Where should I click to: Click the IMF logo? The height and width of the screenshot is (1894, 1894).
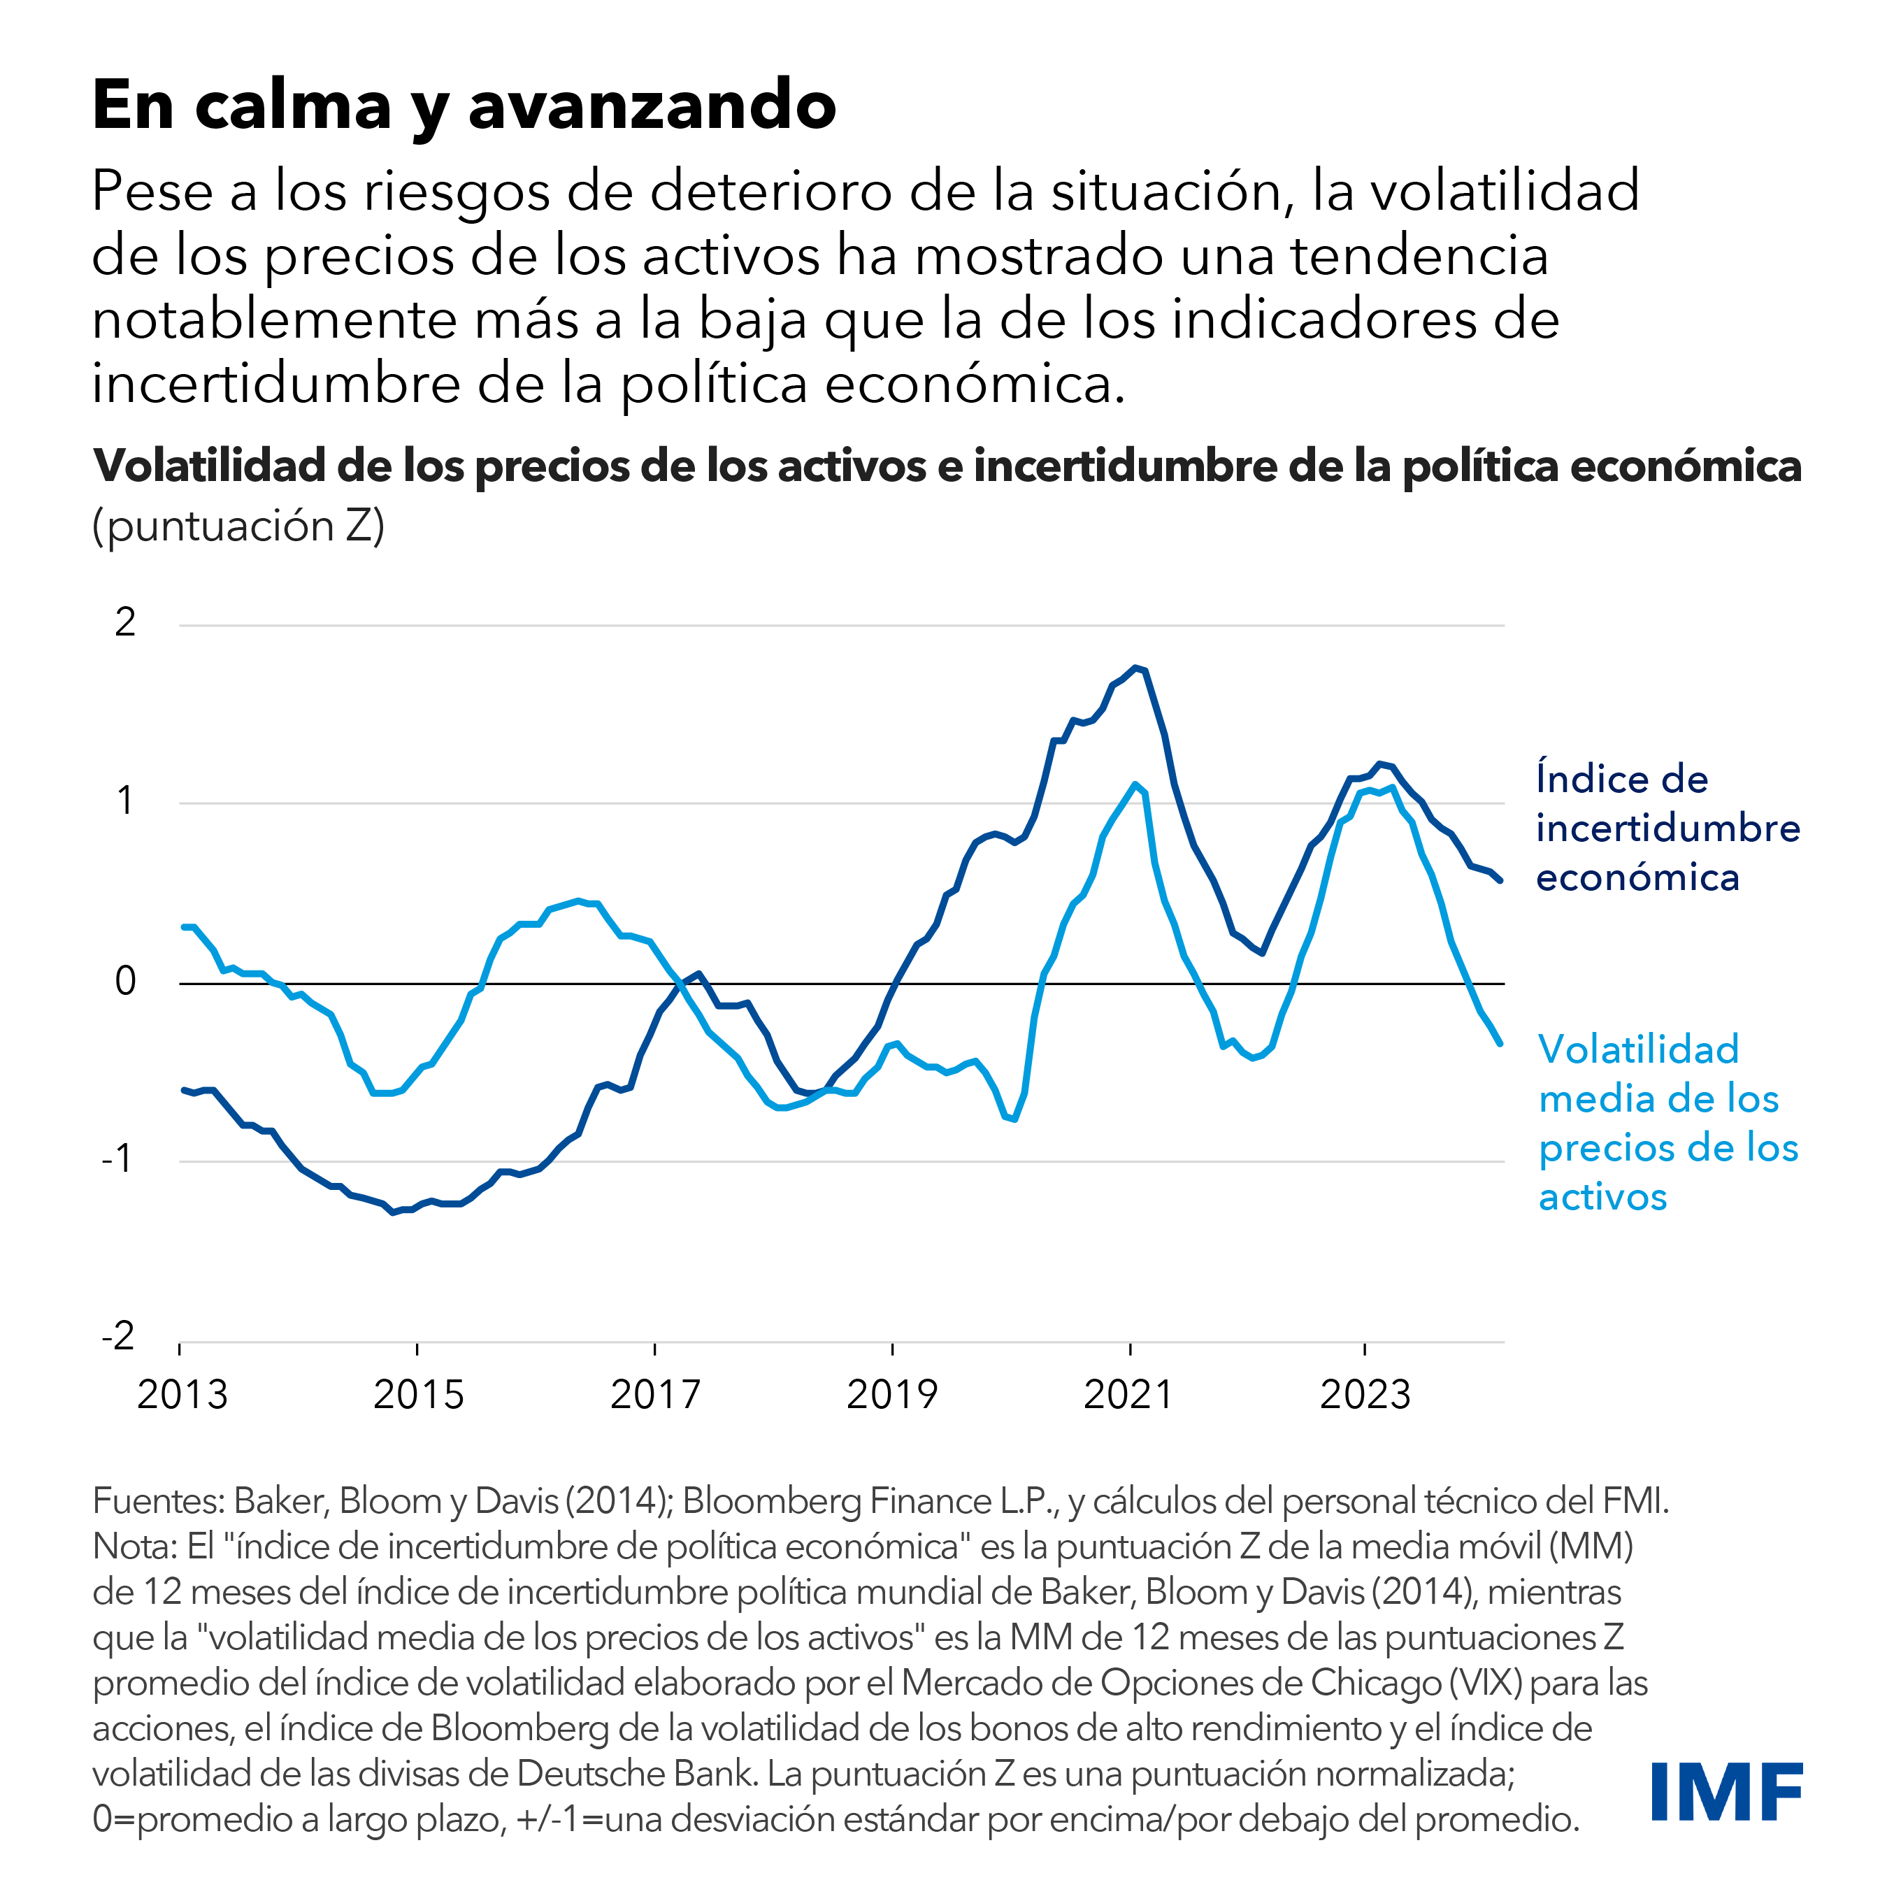(1726, 1791)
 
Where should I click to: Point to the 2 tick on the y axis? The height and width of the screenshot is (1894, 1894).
(124, 622)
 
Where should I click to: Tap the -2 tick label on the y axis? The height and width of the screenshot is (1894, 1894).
(119, 1335)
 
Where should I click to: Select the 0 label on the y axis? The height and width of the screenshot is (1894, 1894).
(125, 980)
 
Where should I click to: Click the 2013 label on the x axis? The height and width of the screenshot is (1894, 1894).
(182, 1394)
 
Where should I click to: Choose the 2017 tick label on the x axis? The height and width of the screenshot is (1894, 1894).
(655, 1394)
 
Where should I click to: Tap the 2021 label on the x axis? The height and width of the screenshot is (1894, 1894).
(1128, 1394)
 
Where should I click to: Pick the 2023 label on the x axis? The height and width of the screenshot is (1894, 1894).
(1365, 1394)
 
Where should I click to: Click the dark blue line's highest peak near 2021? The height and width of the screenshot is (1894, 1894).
(1135, 668)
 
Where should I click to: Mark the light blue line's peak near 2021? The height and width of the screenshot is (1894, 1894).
(1135, 784)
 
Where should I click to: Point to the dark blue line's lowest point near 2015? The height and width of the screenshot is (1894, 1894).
(393, 1212)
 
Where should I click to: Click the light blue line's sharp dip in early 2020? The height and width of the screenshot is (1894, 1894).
(1014, 1119)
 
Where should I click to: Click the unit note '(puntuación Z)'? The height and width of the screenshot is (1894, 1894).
(238, 526)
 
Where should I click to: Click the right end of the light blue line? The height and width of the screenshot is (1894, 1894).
(1500, 1044)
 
